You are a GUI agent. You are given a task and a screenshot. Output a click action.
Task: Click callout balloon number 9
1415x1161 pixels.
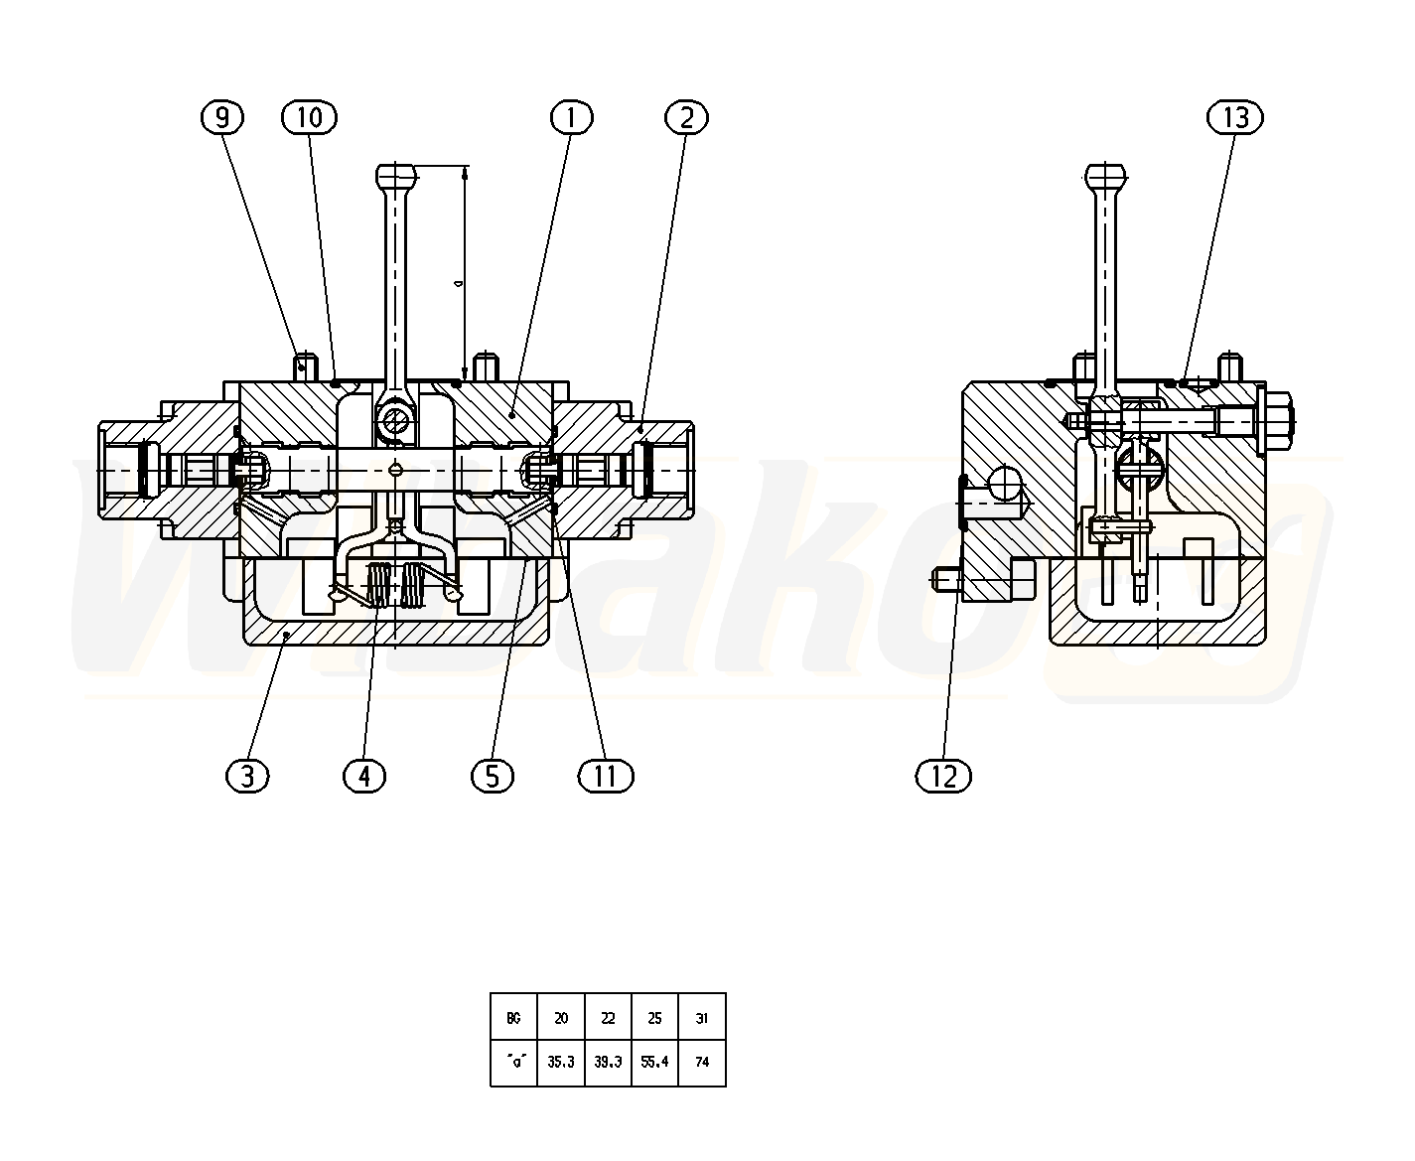222,117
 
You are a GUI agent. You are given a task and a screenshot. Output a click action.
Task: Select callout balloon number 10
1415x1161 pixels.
309,117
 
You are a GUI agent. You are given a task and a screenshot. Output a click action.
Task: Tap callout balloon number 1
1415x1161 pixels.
572,117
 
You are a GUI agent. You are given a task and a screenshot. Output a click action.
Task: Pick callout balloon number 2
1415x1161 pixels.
686,117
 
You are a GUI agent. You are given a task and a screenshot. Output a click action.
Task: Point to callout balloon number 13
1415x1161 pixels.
1235,117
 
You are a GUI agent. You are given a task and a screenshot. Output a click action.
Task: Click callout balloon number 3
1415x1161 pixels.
247,776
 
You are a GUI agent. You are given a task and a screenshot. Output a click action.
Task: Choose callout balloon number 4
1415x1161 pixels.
364,776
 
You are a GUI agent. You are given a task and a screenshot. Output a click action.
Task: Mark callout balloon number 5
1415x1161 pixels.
493,776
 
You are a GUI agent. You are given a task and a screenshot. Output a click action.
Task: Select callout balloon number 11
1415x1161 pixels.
606,776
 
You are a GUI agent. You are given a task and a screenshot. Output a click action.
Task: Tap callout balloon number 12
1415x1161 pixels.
943,776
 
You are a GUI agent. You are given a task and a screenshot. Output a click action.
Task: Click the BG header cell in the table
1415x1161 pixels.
514,1018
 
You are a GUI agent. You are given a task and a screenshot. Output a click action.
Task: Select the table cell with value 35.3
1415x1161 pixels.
561,1062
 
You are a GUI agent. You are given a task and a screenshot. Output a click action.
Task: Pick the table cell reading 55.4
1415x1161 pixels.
654,1062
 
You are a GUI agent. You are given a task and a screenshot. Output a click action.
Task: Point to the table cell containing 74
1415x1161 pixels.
702,1062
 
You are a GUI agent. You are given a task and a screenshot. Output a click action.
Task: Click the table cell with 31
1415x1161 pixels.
702,1018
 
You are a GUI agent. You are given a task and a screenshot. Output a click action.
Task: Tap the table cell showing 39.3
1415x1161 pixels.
608,1062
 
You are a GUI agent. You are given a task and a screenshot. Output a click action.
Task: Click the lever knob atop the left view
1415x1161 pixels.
396,177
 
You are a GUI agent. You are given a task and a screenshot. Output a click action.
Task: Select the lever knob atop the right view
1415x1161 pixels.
1105,177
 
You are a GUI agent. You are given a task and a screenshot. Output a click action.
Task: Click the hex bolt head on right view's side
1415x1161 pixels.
1276,421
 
